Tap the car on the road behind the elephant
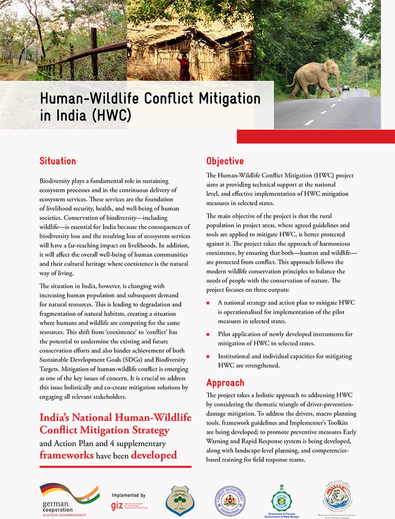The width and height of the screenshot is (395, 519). tap(346, 87)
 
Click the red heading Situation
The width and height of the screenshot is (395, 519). tap(58, 161)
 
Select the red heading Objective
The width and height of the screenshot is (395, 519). tap(225, 161)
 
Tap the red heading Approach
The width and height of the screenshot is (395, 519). tap(225, 383)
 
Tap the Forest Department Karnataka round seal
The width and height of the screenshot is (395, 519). tap(230, 500)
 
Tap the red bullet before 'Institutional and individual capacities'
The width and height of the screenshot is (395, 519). tap(209, 356)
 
